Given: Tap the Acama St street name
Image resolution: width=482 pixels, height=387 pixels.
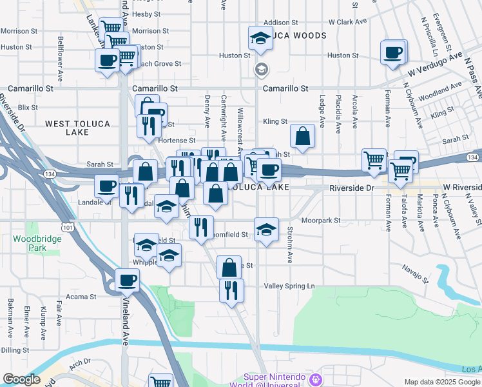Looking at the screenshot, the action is (x=83, y=297).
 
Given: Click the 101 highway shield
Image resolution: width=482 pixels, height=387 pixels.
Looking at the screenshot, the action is (x=66, y=226).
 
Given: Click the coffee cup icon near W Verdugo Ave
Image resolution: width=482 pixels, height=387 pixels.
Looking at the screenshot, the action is (x=392, y=52).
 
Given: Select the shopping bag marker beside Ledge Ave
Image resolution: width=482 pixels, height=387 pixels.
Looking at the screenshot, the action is (x=302, y=136).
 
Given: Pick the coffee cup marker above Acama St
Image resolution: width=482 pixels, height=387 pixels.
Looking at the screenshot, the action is (x=127, y=281).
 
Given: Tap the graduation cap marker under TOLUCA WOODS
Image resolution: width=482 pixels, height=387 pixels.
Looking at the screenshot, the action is (x=260, y=39).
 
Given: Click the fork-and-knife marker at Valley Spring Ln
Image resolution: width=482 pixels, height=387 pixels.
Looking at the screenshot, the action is (x=231, y=290).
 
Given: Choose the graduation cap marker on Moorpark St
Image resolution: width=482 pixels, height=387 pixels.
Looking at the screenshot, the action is (x=265, y=230).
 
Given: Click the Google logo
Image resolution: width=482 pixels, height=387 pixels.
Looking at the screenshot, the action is (x=21, y=379).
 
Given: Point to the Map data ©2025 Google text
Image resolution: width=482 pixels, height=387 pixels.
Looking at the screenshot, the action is (x=442, y=382).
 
